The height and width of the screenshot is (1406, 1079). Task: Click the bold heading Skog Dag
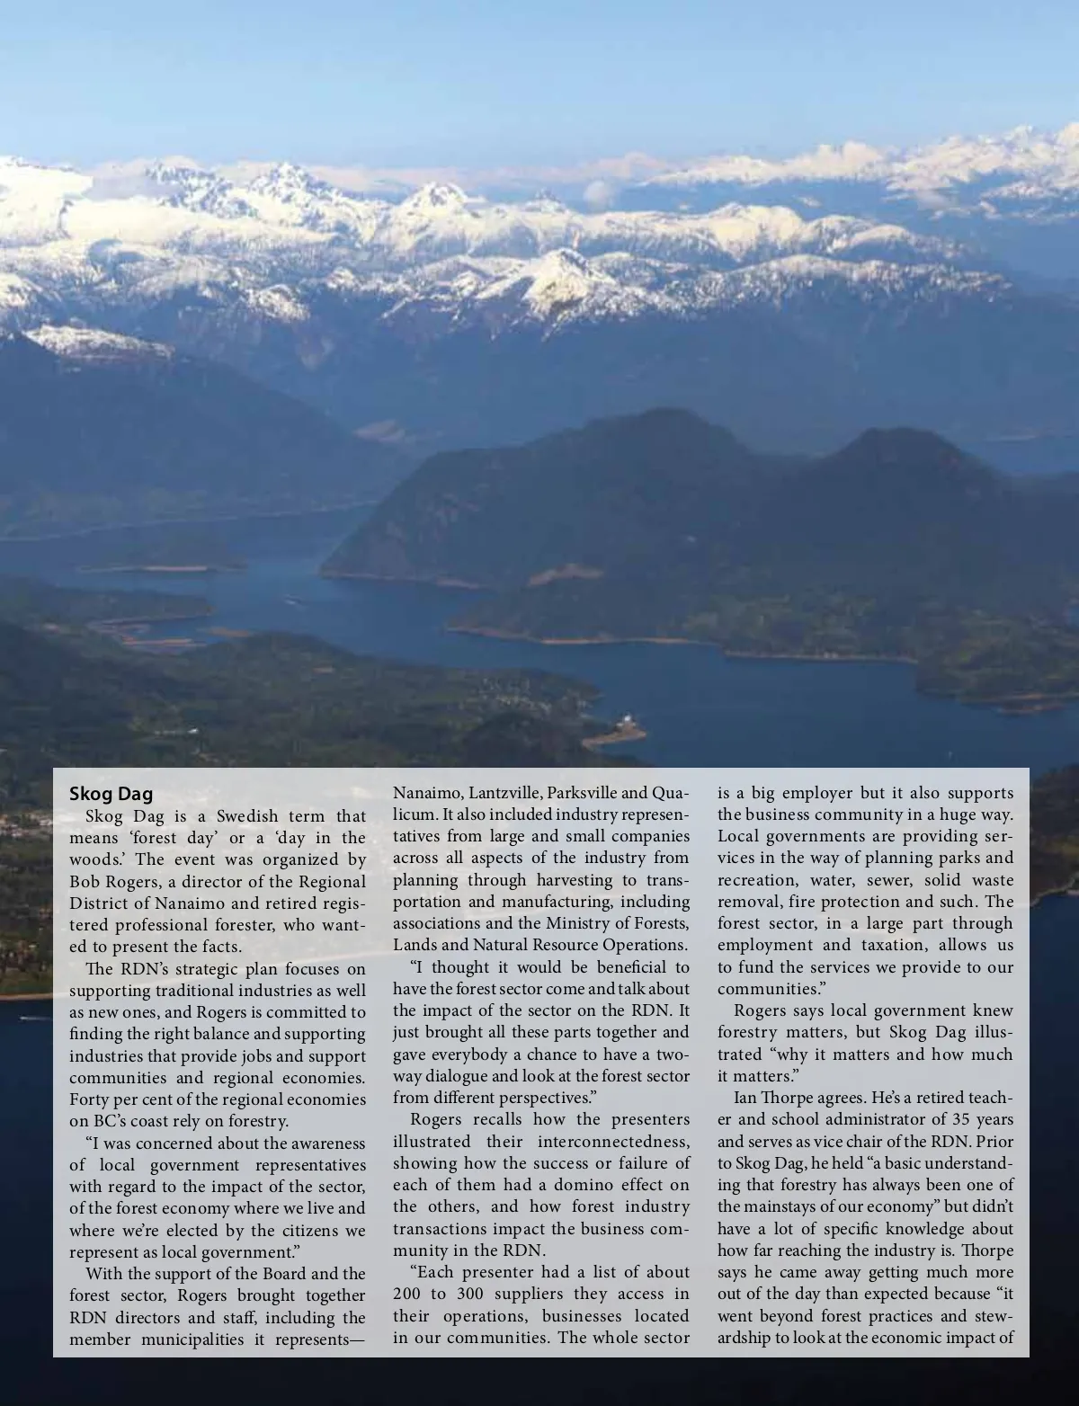click(x=111, y=795)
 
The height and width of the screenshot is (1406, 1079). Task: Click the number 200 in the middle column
click(x=406, y=1295)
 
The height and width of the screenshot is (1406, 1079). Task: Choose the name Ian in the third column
click(x=745, y=1099)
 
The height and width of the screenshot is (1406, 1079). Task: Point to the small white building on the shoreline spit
click(x=623, y=722)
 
